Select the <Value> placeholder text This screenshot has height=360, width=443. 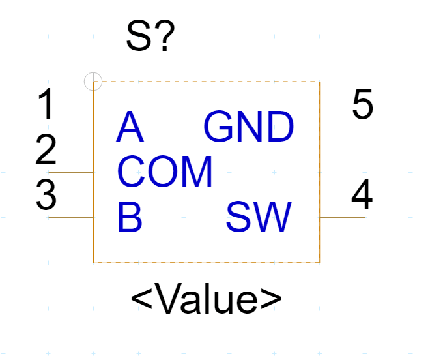206,299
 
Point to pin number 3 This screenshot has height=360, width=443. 46,195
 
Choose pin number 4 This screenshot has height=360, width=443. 362,195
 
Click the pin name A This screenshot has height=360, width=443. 129,127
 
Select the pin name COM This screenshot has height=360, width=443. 165,172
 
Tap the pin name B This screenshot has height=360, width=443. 130,218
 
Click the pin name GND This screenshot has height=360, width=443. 249,127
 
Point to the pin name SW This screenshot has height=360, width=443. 259,218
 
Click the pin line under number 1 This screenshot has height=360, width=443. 71,127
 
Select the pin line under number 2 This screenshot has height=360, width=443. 71,172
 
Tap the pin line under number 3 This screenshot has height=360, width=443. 71,217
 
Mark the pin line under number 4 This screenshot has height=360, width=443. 342,217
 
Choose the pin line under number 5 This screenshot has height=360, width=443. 342,127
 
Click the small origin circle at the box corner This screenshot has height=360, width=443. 94,82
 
